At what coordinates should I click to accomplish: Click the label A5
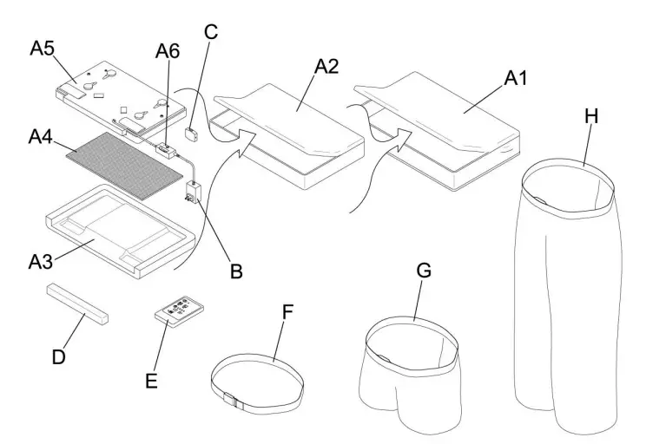[43, 49]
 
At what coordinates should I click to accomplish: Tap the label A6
[167, 52]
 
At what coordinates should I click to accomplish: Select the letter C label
[210, 32]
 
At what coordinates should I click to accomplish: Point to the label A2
[326, 67]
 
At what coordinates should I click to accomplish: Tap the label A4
[42, 137]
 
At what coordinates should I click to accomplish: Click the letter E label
[151, 379]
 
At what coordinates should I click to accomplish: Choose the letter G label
[424, 270]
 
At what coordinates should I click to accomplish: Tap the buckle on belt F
[230, 401]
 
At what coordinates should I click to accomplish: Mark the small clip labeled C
[193, 133]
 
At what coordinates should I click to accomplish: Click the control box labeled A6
[164, 149]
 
